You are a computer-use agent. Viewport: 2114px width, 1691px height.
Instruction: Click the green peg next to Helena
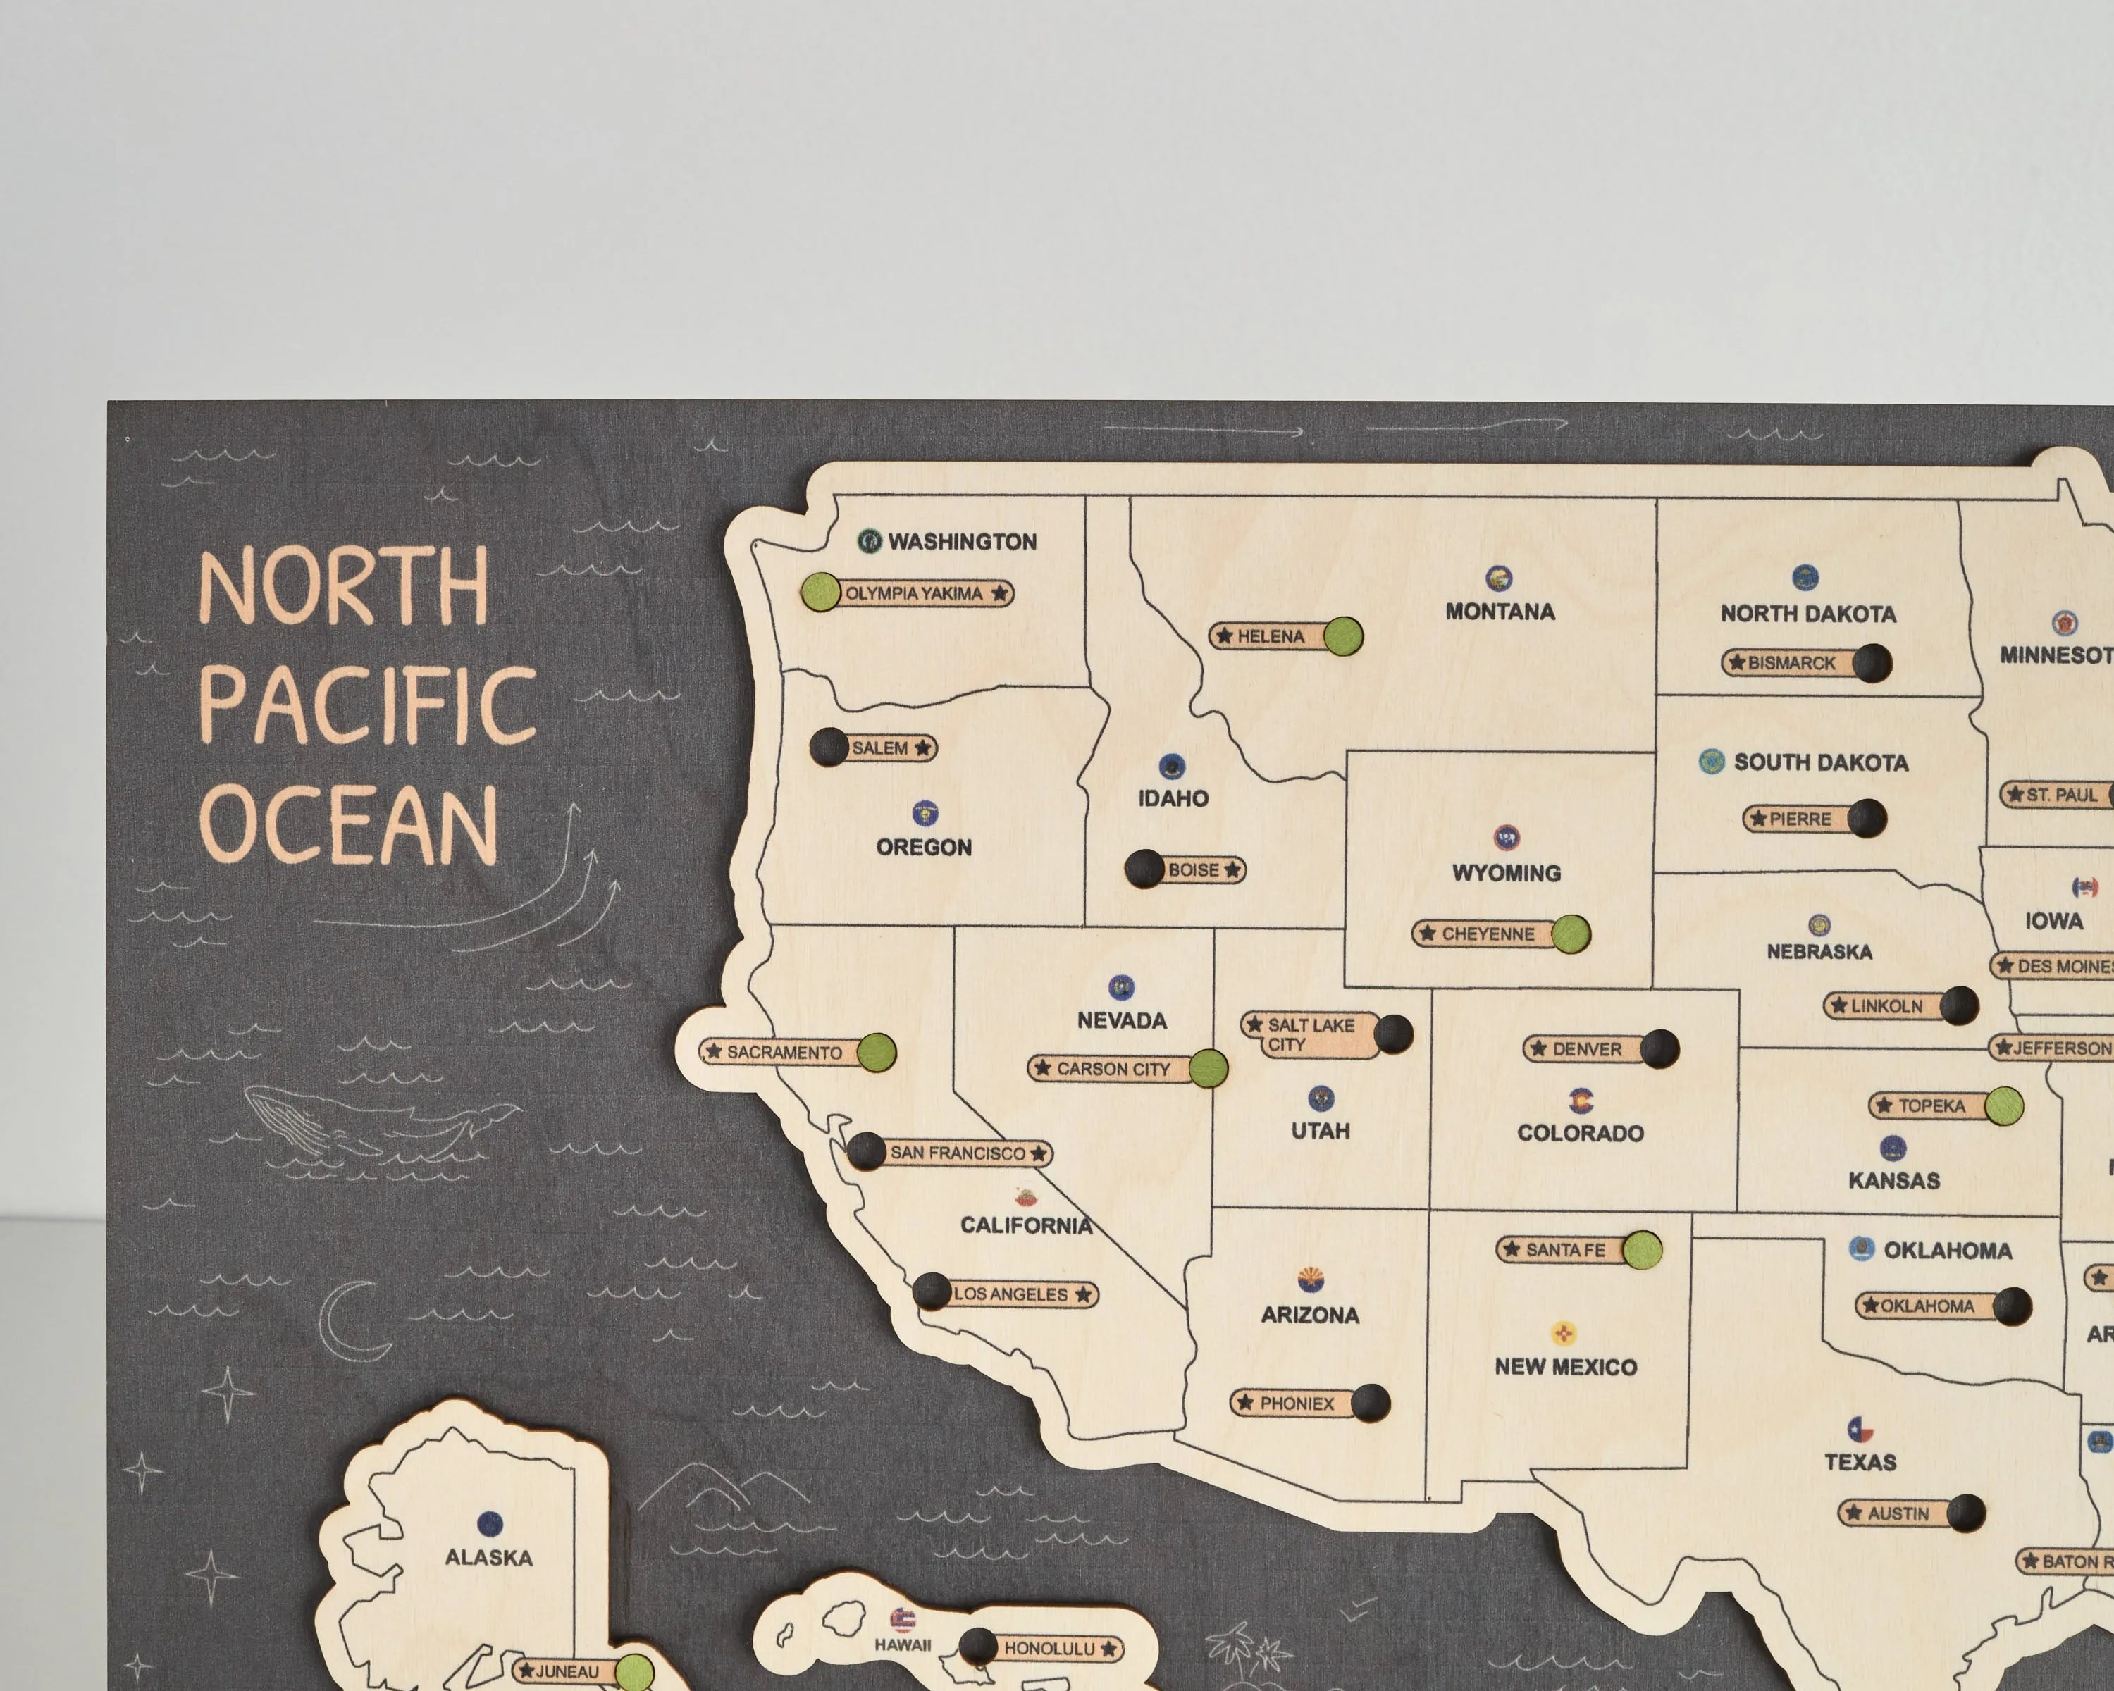click(x=1343, y=636)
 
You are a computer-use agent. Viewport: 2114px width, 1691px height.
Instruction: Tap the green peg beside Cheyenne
click(x=1570, y=934)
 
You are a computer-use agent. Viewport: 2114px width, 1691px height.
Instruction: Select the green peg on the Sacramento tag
click(x=876, y=1052)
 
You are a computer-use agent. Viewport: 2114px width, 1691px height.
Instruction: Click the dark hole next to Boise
click(x=1144, y=869)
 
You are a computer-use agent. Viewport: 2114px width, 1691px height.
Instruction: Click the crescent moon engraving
click(x=351, y=1320)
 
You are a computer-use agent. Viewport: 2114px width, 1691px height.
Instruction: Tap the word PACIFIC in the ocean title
click(x=368, y=704)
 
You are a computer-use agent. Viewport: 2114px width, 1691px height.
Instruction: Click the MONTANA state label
click(x=1500, y=612)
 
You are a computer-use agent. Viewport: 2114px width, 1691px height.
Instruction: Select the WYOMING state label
click(x=1506, y=872)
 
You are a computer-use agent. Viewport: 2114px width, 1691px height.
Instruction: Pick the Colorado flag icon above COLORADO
click(x=1581, y=1100)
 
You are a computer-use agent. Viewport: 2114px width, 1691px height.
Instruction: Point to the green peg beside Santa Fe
click(x=1641, y=1249)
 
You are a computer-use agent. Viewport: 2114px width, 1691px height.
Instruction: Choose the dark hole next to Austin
click(x=1966, y=1513)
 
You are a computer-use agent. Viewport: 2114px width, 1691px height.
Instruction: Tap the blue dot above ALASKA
click(x=489, y=1523)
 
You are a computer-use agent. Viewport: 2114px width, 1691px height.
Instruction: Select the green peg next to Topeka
click(x=2003, y=1105)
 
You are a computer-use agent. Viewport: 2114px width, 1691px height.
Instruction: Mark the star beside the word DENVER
click(x=1538, y=1048)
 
